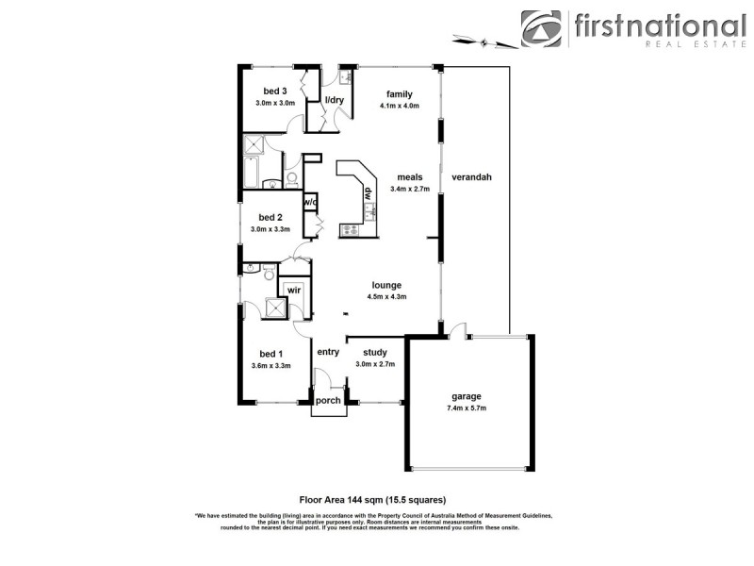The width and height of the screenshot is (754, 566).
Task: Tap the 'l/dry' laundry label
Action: pos(334,99)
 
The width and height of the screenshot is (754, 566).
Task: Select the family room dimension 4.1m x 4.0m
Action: pos(399,106)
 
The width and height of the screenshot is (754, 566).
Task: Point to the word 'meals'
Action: pos(409,176)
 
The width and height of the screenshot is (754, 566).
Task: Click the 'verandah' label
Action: pos(471,176)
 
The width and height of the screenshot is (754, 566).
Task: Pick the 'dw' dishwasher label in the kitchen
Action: pos(369,194)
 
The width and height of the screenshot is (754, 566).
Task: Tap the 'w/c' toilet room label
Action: pos(310,202)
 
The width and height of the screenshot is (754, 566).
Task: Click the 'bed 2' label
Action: pos(270,217)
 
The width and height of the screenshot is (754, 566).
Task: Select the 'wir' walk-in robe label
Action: pos(294,290)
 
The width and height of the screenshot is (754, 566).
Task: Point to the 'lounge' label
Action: pos(386,285)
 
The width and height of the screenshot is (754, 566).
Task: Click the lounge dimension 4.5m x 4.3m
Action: pos(386,297)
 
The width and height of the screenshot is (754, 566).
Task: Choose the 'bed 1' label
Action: pos(270,353)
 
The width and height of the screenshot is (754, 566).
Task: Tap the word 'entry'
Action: pos(327,352)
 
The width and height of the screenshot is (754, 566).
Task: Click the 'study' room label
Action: pos(375,352)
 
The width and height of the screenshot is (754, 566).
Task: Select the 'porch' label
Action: pos(328,400)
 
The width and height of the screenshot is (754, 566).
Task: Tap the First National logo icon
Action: pos(541,29)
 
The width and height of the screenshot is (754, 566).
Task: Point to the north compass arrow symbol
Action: pos(485,41)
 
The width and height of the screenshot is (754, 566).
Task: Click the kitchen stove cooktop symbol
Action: pos(350,228)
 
